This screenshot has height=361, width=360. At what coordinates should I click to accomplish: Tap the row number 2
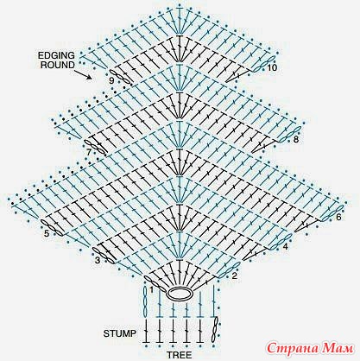pyautogui.click(x=235, y=276)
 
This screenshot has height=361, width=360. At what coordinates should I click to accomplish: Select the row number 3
pyautogui.click(x=98, y=260)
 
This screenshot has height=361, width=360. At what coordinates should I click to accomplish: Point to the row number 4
pyautogui.click(x=286, y=247)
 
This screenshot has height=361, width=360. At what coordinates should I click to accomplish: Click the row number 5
pyautogui.click(x=47, y=233)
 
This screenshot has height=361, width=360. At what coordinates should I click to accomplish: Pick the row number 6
pyautogui.click(x=338, y=217)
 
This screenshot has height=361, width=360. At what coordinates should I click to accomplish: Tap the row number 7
pyautogui.click(x=89, y=152)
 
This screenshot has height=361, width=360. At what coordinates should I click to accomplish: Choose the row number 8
pyautogui.click(x=296, y=140)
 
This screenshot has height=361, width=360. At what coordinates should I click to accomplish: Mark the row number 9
pyautogui.click(x=111, y=81)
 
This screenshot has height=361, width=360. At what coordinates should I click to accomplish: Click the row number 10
pyautogui.click(x=272, y=68)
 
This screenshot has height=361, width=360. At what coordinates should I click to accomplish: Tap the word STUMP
pyautogui.click(x=120, y=333)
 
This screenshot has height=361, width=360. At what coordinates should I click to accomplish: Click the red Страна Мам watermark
pyautogui.click(x=310, y=349)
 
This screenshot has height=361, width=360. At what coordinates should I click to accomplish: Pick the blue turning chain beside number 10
pyautogui.click(x=264, y=65)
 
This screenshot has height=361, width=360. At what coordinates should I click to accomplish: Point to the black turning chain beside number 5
pyautogui.click(x=52, y=228)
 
